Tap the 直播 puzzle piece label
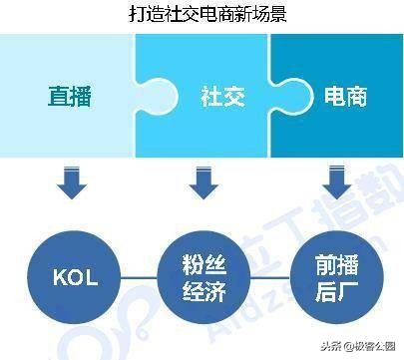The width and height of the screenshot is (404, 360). tap(68, 97)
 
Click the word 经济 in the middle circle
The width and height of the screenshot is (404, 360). tap(202, 287)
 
